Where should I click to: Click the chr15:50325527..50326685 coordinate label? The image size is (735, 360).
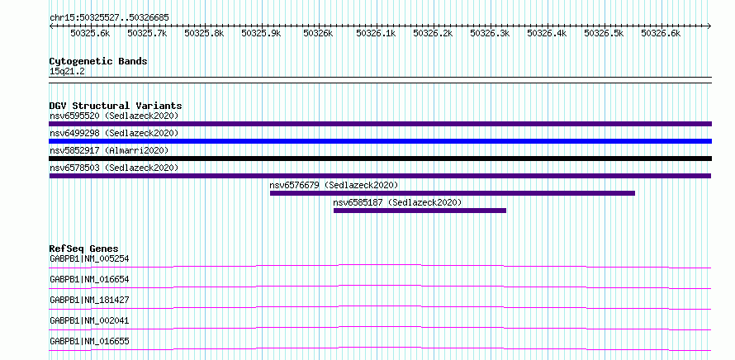[x=109, y=18]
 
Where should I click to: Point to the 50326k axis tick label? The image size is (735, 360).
[x=318, y=33]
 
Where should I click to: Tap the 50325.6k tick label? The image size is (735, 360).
[x=90, y=33]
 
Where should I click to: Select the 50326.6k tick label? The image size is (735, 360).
[x=661, y=33]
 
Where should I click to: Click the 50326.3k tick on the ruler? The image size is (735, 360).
[x=491, y=26]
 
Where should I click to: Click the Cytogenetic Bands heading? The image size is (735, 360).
[x=98, y=61]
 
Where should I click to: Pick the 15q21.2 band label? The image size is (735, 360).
[x=67, y=72]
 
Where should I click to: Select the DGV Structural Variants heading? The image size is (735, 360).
[x=116, y=106]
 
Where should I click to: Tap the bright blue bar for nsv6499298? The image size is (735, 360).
[x=380, y=141]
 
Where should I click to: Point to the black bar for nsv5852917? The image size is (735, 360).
[x=380, y=159]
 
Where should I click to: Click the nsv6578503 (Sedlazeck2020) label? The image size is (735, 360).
[x=114, y=168]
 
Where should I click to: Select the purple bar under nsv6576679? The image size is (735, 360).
[x=453, y=193]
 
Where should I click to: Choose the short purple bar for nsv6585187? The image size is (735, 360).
[x=420, y=211]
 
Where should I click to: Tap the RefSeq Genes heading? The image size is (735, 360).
[x=84, y=249]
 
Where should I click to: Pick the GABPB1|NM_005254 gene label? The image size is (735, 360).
[x=89, y=258]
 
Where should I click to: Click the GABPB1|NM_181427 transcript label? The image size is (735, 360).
[x=89, y=300]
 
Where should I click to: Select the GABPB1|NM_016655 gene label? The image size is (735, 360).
[x=89, y=341]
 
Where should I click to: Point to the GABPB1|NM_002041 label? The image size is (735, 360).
[x=89, y=320]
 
